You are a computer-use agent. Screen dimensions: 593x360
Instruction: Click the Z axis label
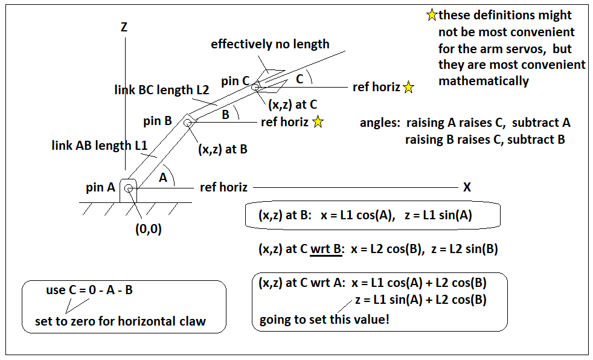click(x=124, y=27)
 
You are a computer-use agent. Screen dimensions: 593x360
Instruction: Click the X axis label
click(x=467, y=187)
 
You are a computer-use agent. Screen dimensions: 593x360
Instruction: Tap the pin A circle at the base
click(x=129, y=188)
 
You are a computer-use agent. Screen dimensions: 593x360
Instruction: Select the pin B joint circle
click(x=187, y=123)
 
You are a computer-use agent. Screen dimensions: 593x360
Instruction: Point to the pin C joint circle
click(x=255, y=88)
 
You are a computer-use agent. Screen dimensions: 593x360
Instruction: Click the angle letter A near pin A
click(x=163, y=178)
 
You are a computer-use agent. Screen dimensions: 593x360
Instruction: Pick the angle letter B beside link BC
click(x=226, y=115)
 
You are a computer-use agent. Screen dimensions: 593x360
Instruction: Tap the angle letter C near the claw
click(x=300, y=79)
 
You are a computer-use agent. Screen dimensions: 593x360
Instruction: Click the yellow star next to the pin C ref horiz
click(x=408, y=88)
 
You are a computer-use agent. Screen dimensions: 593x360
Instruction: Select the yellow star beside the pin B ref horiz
click(x=318, y=122)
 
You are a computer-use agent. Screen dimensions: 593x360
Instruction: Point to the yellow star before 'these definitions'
click(x=432, y=14)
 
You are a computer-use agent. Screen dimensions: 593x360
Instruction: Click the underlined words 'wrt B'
click(x=326, y=249)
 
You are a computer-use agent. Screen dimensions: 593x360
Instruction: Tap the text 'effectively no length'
click(x=270, y=44)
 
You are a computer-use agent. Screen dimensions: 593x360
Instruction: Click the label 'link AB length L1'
click(x=100, y=145)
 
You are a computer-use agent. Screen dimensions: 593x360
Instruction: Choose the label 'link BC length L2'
click(x=162, y=90)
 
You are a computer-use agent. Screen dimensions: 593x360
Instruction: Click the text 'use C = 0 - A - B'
click(x=89, y=290)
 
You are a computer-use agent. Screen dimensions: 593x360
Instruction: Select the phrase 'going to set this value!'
click(x=324, y=320)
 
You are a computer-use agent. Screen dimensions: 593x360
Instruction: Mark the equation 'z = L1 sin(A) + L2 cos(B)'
click(x=421, y=300)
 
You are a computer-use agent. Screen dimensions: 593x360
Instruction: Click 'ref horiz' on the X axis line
click(x=223, y=187)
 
